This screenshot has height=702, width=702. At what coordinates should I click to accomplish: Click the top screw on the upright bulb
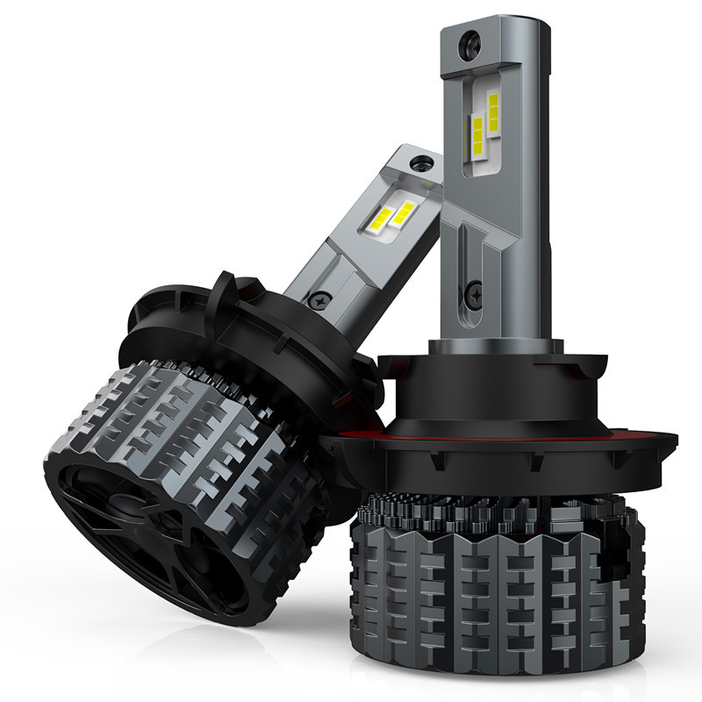[x=473, y=39]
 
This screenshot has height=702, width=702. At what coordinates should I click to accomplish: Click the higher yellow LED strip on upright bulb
[x=493, y=110]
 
